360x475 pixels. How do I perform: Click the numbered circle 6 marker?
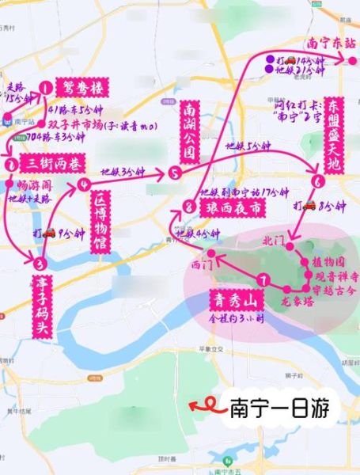click(x=317, y=181)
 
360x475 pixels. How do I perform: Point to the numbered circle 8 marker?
click(x=187, y=207)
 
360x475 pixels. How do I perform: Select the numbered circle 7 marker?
click(x=263, y=279)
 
